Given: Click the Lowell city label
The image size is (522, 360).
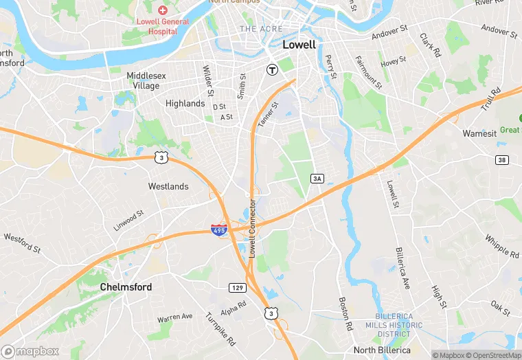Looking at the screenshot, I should [299, 45].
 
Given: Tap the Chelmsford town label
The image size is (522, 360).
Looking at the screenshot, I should [126, 286].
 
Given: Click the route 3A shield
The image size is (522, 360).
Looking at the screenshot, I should [317, 179].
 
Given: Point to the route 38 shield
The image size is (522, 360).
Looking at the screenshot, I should [503, 160].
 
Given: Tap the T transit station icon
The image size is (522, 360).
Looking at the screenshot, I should [272, 69].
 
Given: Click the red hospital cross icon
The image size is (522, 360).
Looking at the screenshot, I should [163, 10].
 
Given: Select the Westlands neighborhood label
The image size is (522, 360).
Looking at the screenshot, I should [168, 186].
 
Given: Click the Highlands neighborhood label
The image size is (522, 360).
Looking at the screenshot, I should [185, 104].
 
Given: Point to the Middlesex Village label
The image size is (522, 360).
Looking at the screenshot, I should [143, 81].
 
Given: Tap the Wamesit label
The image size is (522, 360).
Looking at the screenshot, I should [479, 133].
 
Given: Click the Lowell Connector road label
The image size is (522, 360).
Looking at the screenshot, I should [252, 229].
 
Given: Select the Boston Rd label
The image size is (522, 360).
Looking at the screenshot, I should [345, 314].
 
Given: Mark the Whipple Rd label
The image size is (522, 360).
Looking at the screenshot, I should [502, 246].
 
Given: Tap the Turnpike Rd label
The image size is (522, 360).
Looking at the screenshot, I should [220, 328].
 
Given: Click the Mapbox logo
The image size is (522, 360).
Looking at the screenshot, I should [31, 350].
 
